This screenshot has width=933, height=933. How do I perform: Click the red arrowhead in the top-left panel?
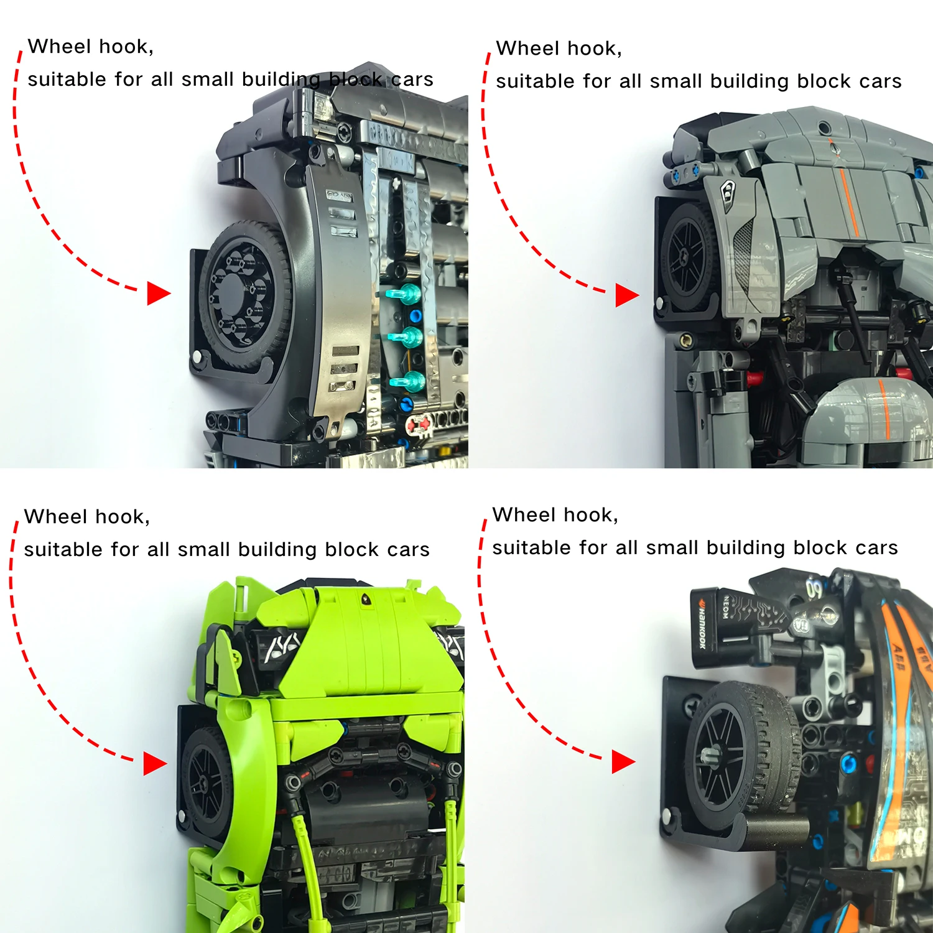(158, 293)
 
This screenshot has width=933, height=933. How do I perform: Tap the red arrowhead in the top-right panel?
(626, 295)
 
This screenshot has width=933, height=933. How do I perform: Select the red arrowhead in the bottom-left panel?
(154, 763)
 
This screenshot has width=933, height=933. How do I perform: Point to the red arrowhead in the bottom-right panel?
(623, 761)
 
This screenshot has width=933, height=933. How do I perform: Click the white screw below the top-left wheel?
(197, 357)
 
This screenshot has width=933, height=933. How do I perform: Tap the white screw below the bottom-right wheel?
(667, 816)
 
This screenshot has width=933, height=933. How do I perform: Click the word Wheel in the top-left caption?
(60, 47)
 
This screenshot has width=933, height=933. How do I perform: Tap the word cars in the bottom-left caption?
(408, 550)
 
